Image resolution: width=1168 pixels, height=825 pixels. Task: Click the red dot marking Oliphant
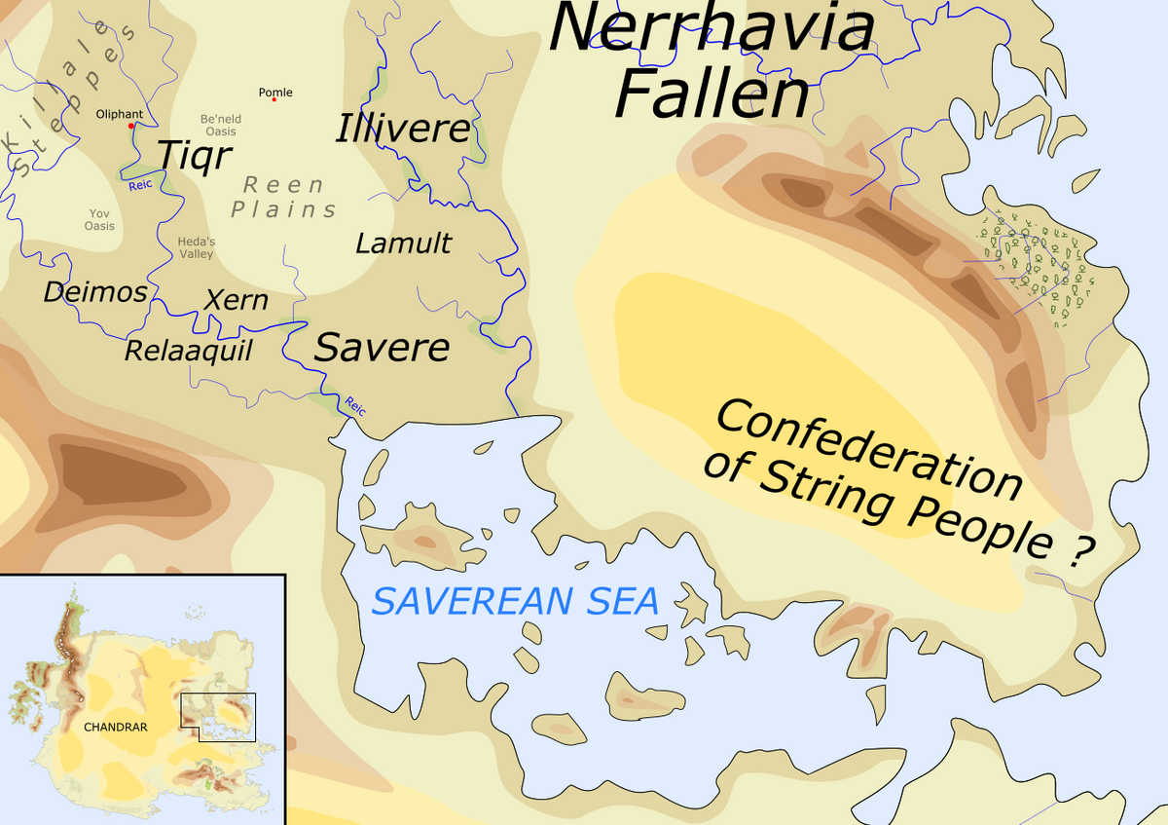click(130, 126)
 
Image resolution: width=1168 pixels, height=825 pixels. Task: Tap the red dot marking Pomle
click(274, 99)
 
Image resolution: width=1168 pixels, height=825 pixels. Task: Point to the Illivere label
click(403, 129)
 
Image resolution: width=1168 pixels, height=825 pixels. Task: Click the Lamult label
click(403, 243)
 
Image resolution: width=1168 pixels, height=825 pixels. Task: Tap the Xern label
click(236, 299)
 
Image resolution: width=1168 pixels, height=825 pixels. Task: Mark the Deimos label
click(95, 291)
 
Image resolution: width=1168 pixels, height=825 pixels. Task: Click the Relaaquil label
click(188, 350)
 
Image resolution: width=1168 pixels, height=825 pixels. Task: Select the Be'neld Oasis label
click(221, 125)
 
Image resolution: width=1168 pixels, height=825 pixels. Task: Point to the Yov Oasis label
click(99, 219)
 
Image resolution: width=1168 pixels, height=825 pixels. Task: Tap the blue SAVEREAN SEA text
click(516, 601)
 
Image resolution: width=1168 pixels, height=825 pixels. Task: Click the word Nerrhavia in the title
click(712, 28)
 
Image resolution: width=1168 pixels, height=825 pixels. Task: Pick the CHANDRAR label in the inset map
click(108, 727)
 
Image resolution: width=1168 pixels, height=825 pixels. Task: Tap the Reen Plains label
click(283, 197)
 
